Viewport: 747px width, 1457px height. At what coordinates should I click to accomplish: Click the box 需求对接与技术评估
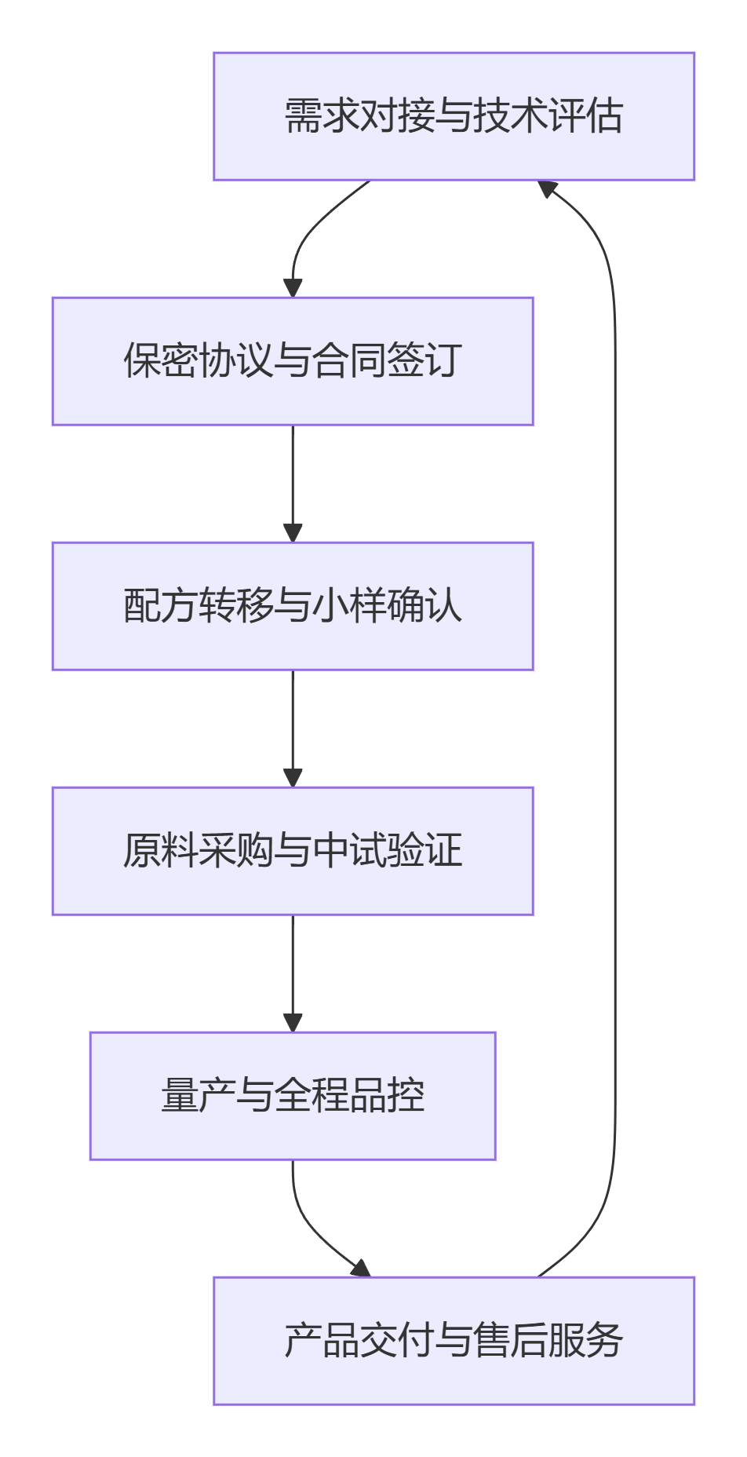454,116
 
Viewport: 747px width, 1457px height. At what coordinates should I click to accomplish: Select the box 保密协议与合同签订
293,361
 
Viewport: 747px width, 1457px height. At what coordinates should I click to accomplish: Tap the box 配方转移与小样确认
293,606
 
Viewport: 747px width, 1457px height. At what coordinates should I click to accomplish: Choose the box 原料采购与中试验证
293,851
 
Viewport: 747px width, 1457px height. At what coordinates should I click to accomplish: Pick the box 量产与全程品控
293,1096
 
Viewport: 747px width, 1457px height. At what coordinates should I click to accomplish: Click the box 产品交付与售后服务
454,1341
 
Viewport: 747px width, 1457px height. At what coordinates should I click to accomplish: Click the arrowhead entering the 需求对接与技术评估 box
547,188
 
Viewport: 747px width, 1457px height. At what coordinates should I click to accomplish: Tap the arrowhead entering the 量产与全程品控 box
293,1023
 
